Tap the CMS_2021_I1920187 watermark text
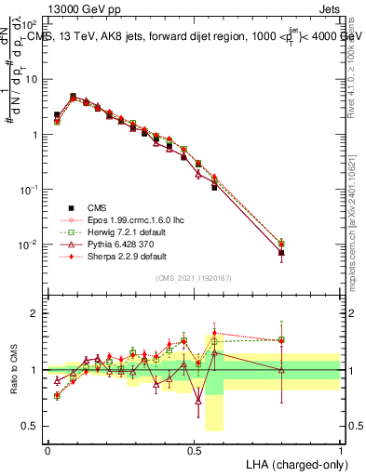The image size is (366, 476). [194, 278]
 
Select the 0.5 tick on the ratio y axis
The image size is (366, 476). [32, 426]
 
